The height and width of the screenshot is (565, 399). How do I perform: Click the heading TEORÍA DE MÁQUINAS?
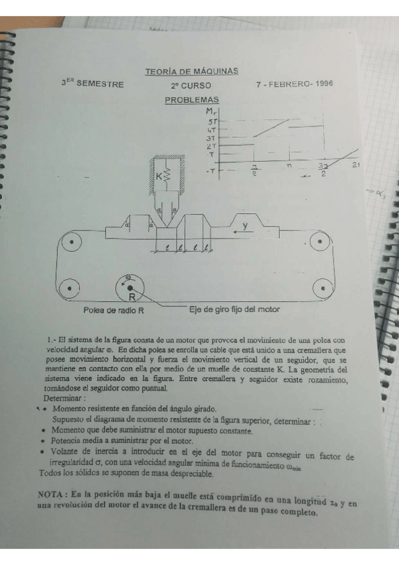(x=191, y=71)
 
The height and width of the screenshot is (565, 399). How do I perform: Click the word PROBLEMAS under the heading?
(x=191, y=100)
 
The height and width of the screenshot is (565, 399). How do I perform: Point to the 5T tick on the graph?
(x=212, y=122)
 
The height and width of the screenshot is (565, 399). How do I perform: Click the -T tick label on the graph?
(x=210, y=171)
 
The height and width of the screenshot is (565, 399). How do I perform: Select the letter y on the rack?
(x=245, y=227)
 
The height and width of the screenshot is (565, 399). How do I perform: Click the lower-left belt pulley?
(x=67, y=288)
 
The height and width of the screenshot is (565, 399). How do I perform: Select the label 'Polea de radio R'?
(x=113, y=310)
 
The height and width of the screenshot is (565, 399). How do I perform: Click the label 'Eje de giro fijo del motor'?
(x=234, y=310)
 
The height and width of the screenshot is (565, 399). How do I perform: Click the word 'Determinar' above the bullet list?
(x=63, y=397)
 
